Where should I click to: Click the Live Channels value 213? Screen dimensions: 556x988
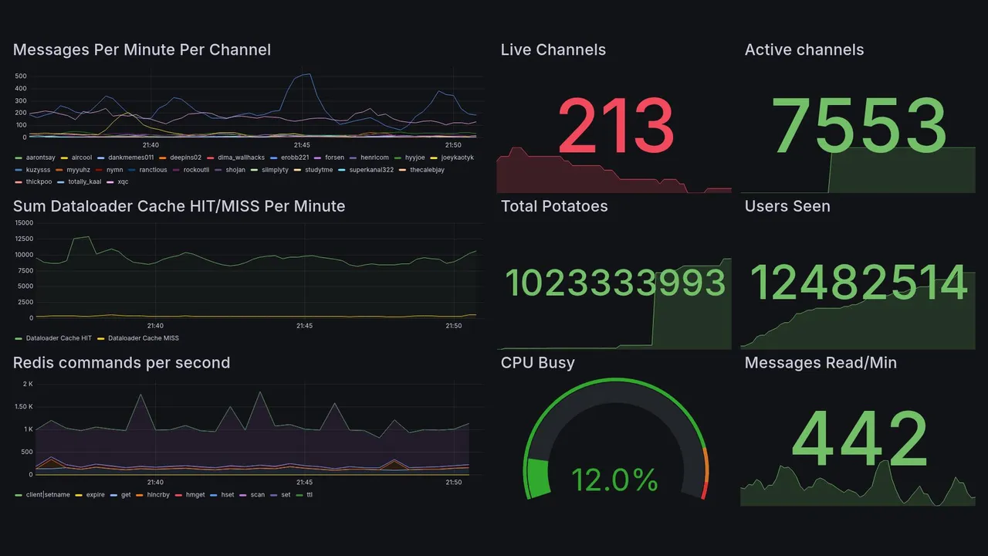click(615, 126)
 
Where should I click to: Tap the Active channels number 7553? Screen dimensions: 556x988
click(859, 126)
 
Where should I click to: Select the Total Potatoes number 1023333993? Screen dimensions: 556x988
click(615, 283)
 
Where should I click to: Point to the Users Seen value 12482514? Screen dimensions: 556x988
click(859, 283)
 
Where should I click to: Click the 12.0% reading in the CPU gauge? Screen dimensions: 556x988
click(614, 480)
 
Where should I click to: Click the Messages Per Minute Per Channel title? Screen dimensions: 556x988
click(142, 50)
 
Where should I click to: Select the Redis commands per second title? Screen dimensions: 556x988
click(121, 363)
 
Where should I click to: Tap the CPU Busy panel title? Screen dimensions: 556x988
click(537, 363)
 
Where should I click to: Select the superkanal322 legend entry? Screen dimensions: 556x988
click(370, 170)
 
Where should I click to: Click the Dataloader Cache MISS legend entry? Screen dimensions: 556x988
click(143, 338)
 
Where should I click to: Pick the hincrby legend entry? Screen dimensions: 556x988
click(154, 495)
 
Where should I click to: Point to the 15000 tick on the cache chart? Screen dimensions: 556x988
click(24, 223)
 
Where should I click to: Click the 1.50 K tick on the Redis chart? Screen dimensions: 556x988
click(23, 407)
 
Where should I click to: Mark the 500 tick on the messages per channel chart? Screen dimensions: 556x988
click(21, 76)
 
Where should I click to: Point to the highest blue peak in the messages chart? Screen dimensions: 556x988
click(309, 74)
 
